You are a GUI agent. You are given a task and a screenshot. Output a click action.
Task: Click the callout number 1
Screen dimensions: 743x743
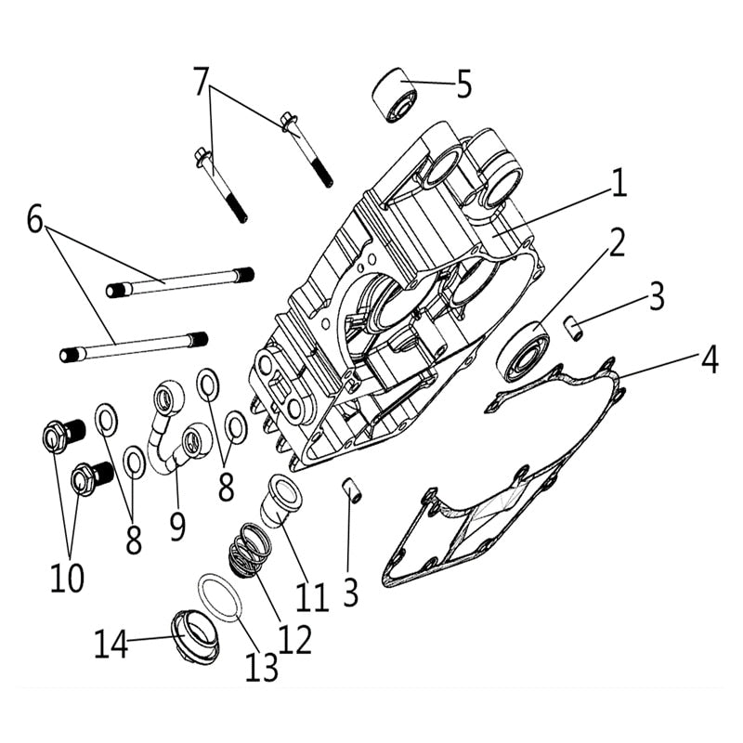click(618, 183)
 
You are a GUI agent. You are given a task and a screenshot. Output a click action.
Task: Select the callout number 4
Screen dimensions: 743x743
click(710, 358)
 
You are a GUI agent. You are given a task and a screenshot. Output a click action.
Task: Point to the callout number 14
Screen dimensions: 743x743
click(111, 644)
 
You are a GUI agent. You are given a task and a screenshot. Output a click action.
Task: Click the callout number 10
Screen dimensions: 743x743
click(66, 577)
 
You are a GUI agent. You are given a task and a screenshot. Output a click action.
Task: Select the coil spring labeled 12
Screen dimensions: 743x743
click(249, 550)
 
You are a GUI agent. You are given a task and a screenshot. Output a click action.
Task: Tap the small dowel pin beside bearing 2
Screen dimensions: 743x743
click(575, 327)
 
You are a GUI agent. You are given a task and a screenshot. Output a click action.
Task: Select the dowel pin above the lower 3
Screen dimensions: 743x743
click(352, 489)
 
